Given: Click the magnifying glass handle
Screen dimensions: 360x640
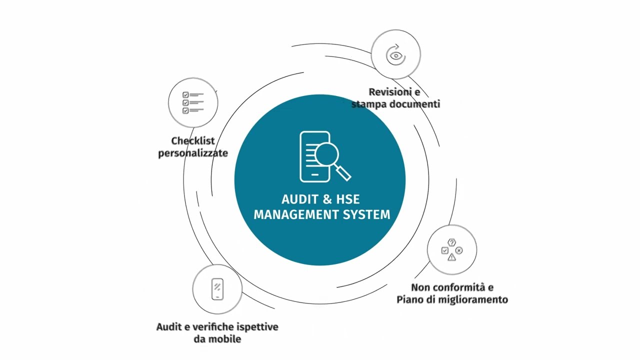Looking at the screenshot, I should point(344,173).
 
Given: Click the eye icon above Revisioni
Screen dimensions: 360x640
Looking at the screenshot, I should point(396,55).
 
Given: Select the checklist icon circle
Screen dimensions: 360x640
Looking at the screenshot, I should point(193,102).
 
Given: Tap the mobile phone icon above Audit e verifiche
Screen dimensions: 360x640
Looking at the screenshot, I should point(217,289).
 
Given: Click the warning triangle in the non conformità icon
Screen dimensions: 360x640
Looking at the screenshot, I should point(452,257).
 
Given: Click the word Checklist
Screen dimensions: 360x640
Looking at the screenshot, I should point(192,141).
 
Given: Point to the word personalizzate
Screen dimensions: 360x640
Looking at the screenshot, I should point(193,153).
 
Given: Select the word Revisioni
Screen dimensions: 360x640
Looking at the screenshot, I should point(386,92).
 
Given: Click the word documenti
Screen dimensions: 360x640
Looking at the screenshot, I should point(414,104).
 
